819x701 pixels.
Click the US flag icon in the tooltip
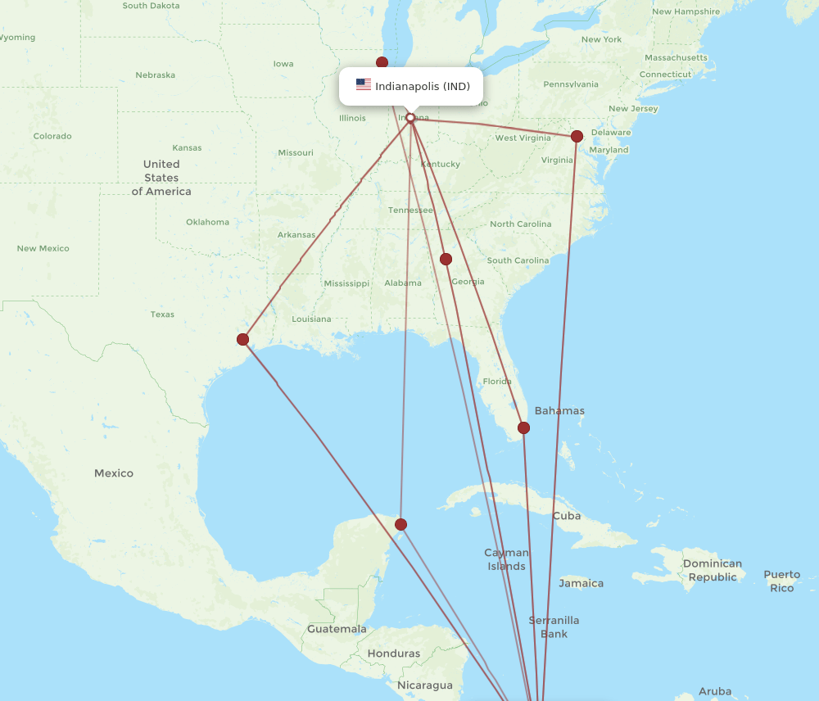pyautogui.click(x=364, y=85)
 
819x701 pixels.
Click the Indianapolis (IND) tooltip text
pyautogui.click(x=423, y=86)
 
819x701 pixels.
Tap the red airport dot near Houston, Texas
pyautogui.click(x=242, y=339)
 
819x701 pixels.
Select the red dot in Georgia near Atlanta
pyautogui.click(x=446, y=260)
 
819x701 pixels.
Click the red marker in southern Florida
pyautogui.click(x=524, y=427)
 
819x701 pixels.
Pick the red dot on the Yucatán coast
pyautogui.click(x=400, y=524)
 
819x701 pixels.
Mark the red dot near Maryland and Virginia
pyautogui.click(x=577, y=136)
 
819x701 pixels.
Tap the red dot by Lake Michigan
pyautogui.click(x=382, y=62)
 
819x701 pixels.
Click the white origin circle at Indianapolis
pyautogui.click(x=410, y=118)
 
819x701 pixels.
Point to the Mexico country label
pyautogui.click(x=113, y=473)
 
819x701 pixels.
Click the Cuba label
pyautogui.click(x=567, y=516)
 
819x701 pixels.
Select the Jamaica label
pyautogui.click(x=581, y=584)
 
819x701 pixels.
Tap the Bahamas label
pyautogui.click(x=559, y=410)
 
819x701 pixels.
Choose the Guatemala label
pyautogui.click(x=337, y=629)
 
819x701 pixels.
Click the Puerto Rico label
pyautogui.click(x=782, y=581)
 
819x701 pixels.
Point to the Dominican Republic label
pyautogui.click(x=713, y=570)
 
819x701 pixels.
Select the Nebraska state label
pyautogui.click(x=156, y=75)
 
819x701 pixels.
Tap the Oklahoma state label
pyautogui.click(x=207, y=222)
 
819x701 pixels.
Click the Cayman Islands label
pyautogui.click(x=506, y=559)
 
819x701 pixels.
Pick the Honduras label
pyautogui.click(x=393, y=654)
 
